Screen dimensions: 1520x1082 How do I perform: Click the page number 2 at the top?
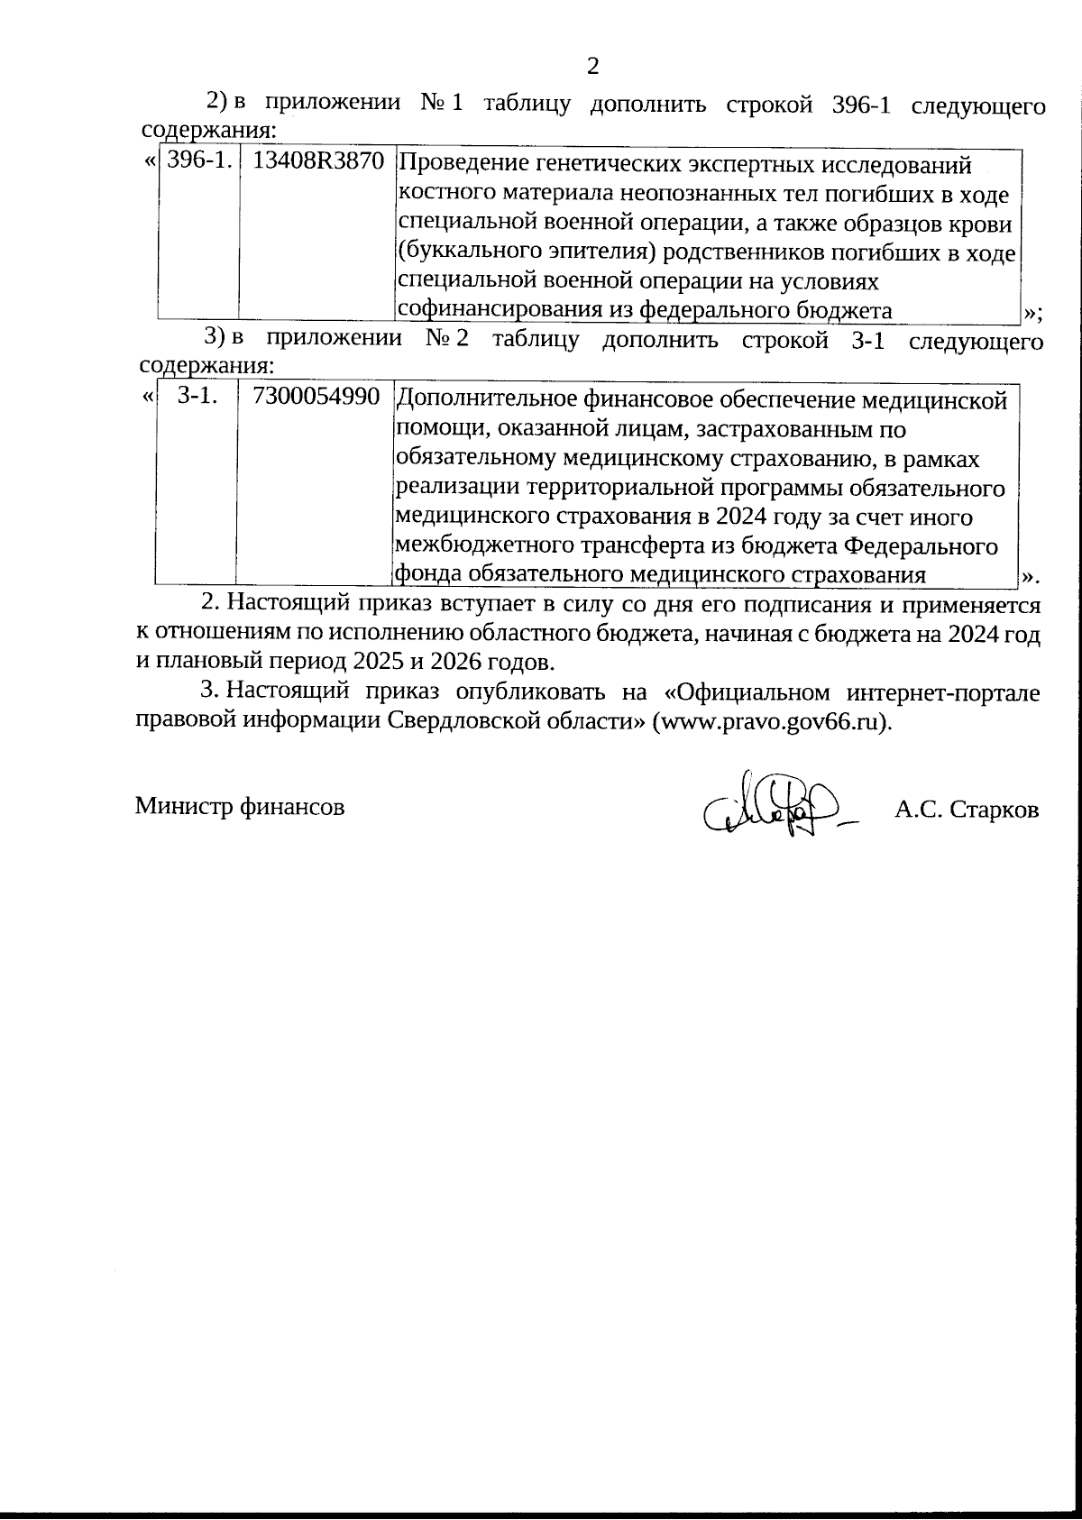coord(592,66)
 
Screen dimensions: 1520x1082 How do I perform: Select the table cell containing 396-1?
coord(199,162)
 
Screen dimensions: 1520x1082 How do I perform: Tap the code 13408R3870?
coord(318,162)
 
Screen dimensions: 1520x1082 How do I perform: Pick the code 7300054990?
coord(316,397)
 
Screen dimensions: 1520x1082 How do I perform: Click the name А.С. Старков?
coord(966,810)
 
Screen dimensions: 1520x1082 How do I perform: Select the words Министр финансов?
coord(240,807)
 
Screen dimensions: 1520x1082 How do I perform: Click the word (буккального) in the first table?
coord(467,252)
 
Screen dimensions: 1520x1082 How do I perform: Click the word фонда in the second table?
coord(427,575)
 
